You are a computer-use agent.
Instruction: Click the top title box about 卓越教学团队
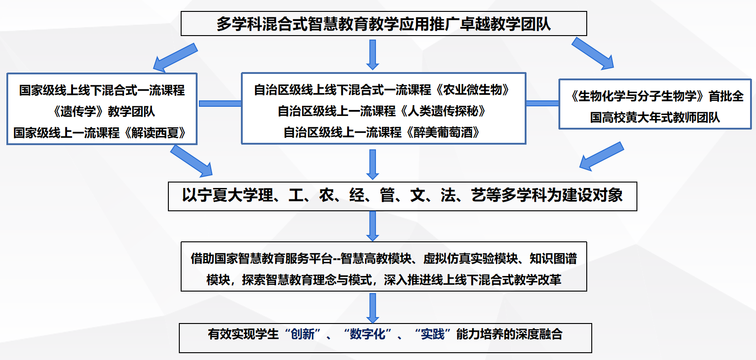[384, 24]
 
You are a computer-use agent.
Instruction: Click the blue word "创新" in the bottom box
[303, 334]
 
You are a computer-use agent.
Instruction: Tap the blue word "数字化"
[368, 334]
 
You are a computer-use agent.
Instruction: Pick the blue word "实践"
[433, 334]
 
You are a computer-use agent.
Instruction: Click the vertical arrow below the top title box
[373, 55]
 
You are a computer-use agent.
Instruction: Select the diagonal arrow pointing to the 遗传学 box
[175, 57]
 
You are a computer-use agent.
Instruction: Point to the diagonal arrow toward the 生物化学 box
[593, 53]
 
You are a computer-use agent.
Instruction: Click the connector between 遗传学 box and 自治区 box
[220, 104]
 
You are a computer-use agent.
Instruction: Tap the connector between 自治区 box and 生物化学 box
[542, 103]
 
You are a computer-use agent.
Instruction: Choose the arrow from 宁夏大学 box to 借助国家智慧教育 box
[373, 226]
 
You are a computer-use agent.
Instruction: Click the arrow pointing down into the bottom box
[373, 308]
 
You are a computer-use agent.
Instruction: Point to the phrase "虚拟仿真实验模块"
[470, 259]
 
